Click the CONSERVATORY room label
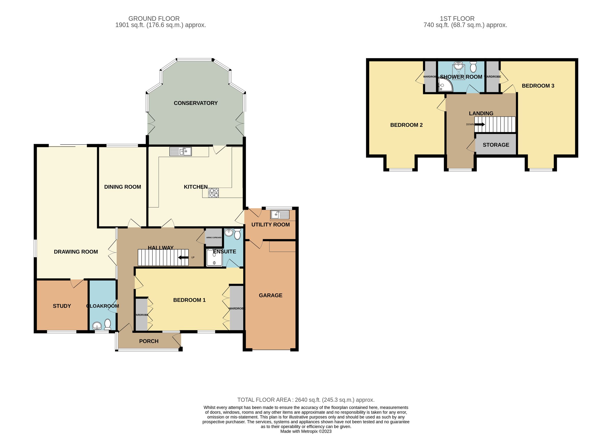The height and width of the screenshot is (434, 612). (x=195, y=103)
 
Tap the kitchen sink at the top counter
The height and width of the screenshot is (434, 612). (x=180, y=152)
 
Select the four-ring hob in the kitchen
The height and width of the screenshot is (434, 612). (x=213, y=193)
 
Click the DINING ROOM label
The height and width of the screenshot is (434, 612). (x=122, y=187)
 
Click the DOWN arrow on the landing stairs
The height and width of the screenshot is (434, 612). (x=479, y=124)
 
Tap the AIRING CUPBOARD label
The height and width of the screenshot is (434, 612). (x=213, y=238)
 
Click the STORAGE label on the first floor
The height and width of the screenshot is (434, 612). (x=496, y=145)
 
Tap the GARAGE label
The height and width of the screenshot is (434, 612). (x=271, y=295)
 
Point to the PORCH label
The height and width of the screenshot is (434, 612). (x=149, y=341)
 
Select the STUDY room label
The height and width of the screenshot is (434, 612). (x=62, y=306)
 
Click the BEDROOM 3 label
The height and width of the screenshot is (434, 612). (x=538, y=86)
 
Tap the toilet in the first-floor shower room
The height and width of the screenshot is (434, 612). (x=473, y=67)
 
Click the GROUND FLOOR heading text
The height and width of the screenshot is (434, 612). (x=154, y=19)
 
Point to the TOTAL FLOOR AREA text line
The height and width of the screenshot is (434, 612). (x=306, y=400)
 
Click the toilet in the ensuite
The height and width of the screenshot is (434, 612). (x=237, y=234)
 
